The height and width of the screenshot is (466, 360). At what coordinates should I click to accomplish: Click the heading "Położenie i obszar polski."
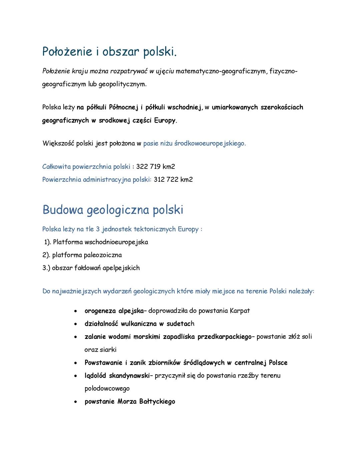coord(109,52)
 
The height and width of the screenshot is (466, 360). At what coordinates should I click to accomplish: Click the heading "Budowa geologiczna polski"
coord(113,210)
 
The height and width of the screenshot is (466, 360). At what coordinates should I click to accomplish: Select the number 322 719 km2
coord(155,166)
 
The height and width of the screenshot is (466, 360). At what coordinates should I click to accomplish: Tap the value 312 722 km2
coord(173,179)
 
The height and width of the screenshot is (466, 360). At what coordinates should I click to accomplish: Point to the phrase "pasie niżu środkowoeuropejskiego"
coord(194,143)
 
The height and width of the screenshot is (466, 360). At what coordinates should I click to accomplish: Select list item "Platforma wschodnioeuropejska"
coord(100,242)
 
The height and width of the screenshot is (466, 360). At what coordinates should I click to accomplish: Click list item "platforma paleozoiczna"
coord(87,255)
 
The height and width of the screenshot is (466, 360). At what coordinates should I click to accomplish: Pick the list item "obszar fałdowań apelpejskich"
coord(96,268)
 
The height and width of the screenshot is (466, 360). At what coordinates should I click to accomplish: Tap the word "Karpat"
coord(240,311)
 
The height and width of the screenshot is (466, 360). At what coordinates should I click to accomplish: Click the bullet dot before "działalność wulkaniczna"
coord(76,324)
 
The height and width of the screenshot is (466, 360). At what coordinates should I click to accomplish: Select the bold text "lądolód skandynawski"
coord(117,376)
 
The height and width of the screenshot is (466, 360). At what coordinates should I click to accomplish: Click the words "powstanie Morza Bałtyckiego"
coord(130,402)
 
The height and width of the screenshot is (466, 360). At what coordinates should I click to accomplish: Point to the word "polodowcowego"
coord(107,389)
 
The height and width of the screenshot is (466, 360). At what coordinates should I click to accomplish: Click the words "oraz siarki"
coord(100,350)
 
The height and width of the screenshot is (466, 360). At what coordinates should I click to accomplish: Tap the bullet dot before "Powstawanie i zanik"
coord(76,363)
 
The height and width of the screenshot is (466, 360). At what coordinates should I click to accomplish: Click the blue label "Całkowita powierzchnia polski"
coord(86,166)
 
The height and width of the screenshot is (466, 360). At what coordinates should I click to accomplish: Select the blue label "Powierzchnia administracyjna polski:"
coord(97,179)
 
